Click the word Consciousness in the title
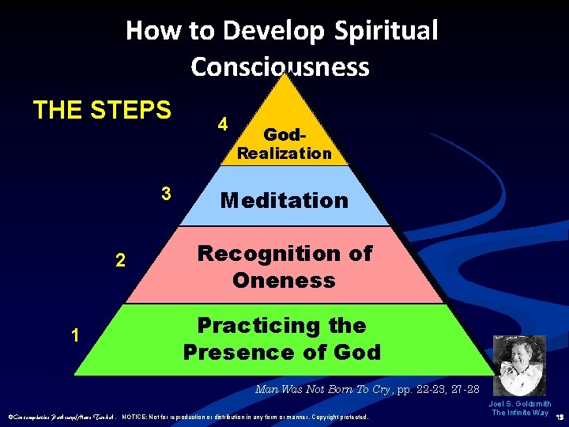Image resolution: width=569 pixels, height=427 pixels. click(x=280, y=66)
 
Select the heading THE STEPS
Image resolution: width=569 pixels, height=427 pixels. click(x=102, y=109)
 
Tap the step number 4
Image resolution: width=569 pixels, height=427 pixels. click(x=224, y=125)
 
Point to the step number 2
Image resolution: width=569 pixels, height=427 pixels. click(x=119, y=260)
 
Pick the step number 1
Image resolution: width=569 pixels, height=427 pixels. click(x=74, y=335)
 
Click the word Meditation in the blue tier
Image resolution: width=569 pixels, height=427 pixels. click(x=284, y=200)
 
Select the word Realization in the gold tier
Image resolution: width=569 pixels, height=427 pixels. click(x=284, y=153)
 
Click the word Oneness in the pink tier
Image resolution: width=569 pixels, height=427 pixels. click(x=284, y=280)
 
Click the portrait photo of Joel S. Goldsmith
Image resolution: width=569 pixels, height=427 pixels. click(x=519, y=366)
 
